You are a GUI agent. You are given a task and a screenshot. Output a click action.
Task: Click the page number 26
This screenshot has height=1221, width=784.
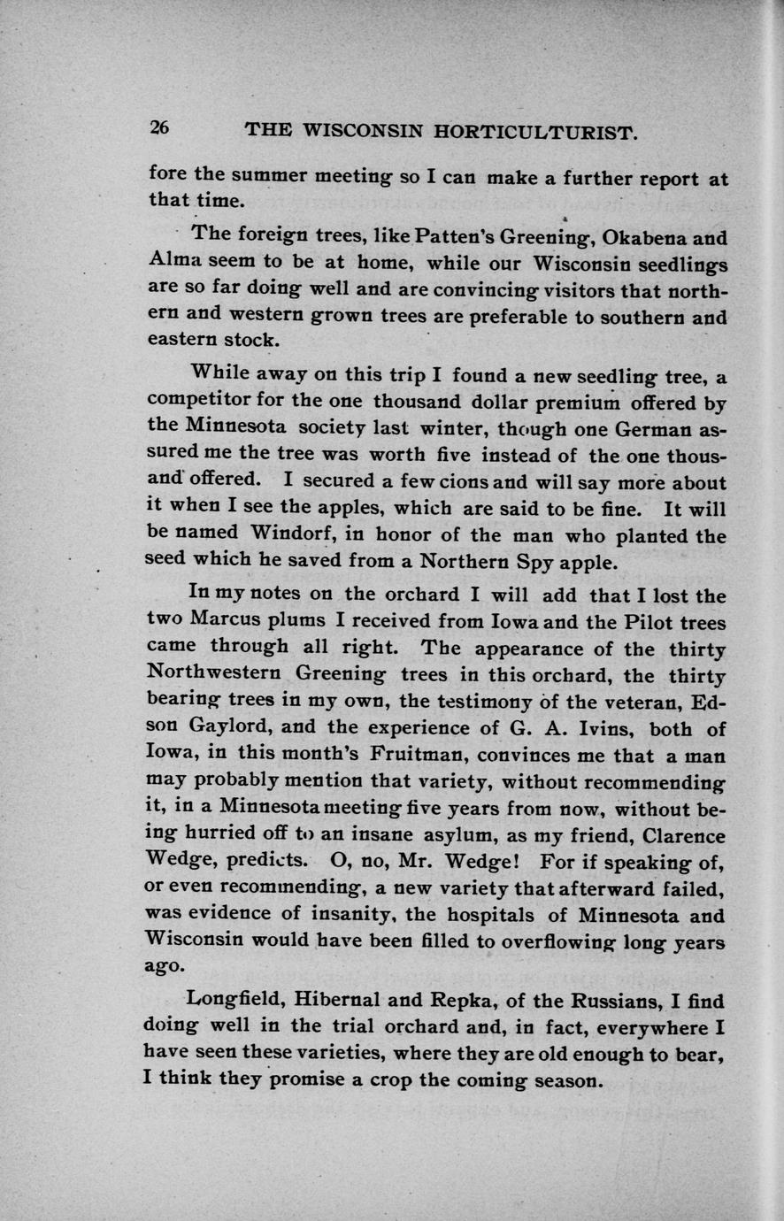coord(159,127)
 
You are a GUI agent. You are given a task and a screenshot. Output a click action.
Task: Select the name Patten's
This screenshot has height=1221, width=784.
coord(434,237)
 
